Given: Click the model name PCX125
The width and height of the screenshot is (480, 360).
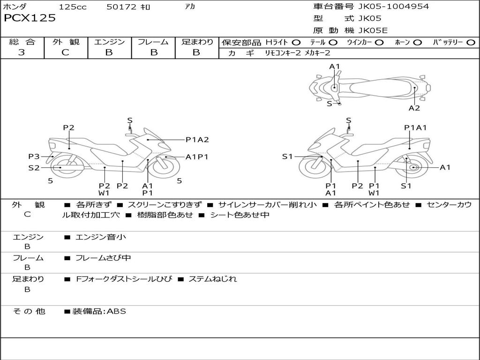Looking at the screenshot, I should pyautogui.click(x=30, y=18).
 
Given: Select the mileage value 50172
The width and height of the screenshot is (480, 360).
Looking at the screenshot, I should pyautogui.click(x=121, y=7).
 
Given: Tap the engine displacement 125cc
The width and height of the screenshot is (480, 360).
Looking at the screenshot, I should pyautogui.click(x=73, y=7).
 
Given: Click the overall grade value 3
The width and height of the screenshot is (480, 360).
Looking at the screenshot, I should pyautogui.click(x=22, y=52).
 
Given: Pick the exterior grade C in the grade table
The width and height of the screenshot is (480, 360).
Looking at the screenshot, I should pyautogui.click(x=65, y=52).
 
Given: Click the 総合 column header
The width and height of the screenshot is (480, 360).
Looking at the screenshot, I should pyautogui.click(x=22, y=42).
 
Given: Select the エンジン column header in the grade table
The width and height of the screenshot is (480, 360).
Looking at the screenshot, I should pyautogui.click(x=109, y=42).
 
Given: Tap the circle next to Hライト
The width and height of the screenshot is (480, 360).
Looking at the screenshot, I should pyautogui.click(x=296, y=43).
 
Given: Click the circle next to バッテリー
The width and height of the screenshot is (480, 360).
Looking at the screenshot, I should pyautogui.click(x=471, y=43).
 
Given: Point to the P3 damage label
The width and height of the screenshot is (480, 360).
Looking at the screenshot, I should pyautogui.click(x=34, y=157).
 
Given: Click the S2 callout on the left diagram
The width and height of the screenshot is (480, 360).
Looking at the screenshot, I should pyautogui.click(x=34, y=167).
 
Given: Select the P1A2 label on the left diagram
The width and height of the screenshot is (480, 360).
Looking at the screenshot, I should pyautogui.click(x=197, y=139).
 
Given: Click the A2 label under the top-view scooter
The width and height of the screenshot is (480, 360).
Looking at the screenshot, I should pyautogui.click(x=414, y=108).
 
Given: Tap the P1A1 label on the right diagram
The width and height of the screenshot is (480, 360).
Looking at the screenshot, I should pyautogui.click(x=415, y=127).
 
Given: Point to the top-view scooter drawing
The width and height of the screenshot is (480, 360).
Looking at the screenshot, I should pyautogui.click(x=369, y=87).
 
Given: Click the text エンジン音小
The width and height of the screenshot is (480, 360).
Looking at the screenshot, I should pyautogui.click(x=101, y=237).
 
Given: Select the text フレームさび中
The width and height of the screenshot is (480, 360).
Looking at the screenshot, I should pyautogui.click(x=103, y=258).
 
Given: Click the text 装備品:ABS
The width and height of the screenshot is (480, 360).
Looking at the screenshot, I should pyautogui.click(x=99, y=311).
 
